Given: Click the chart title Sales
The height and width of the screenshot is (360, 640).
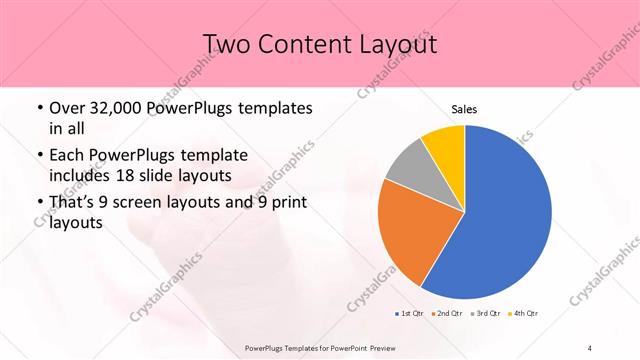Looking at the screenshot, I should pyautogui.click(x=464, y=108).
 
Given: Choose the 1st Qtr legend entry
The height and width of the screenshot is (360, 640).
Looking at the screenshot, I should pyautogui.click(x=411, y=313).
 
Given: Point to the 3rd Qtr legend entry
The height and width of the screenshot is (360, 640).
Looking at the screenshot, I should pyautogui.click(x=487, y=313).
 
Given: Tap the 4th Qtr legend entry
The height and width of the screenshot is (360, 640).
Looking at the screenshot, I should pyautogui.click(x=524, y=313).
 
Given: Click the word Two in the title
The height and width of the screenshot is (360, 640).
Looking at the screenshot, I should pyautogui.click(x=228, y=44).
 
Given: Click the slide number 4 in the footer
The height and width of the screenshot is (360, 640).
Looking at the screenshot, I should pyautogui.click(x=590, y=348).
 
